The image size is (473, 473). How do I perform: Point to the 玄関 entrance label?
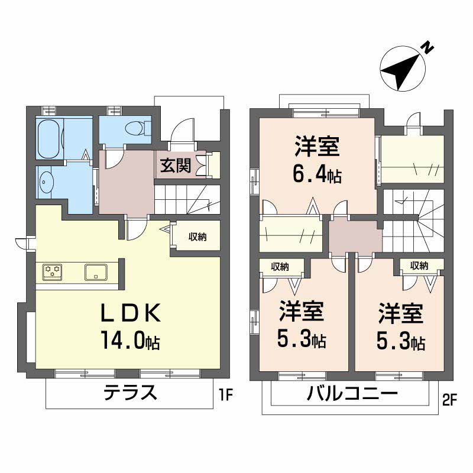click(x=175, y=166)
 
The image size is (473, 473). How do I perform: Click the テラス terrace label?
click(x=131, y=393)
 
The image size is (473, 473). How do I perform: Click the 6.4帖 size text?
click(x=317, y=174)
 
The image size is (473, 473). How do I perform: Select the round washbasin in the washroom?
click(x=46, y=183)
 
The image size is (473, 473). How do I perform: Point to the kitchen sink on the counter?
click(x=95, y=272)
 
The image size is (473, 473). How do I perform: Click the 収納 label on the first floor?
click(x=197, y=237)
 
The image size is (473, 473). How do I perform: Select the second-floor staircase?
click(x=413, y=221)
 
